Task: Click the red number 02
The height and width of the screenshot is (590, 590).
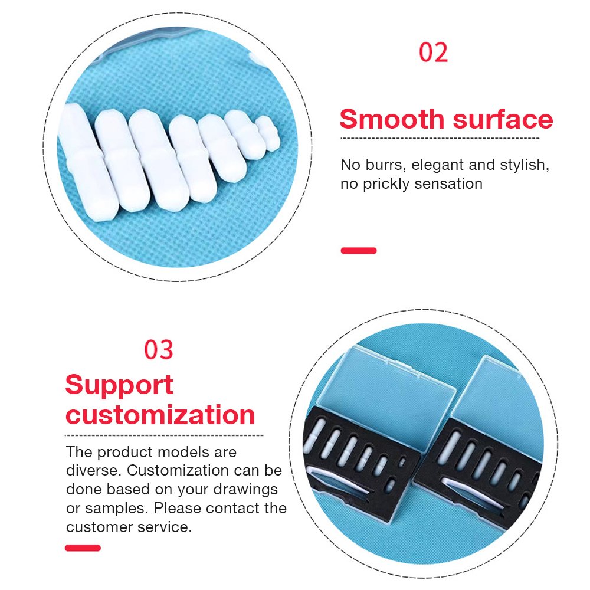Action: (x=434, y=53)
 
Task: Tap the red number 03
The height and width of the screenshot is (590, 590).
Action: (x=158, y=349)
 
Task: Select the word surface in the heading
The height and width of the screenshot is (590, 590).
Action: (x=503, y=119)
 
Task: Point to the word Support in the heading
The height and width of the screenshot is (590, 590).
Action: (x=119, y=386)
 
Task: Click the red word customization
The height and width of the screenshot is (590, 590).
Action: (x=160, y=415)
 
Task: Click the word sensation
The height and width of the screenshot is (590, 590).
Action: (x=448, y=183)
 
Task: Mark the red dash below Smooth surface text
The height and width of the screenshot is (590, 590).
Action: (x=359, y=251)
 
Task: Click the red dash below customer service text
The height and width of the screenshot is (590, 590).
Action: (x=83, y=548)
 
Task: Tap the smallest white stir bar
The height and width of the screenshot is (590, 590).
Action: (x=268, y=133)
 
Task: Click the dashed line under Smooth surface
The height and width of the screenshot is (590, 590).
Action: (x=440, y=138)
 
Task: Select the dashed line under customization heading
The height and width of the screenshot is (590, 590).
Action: (x=164, y=435)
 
